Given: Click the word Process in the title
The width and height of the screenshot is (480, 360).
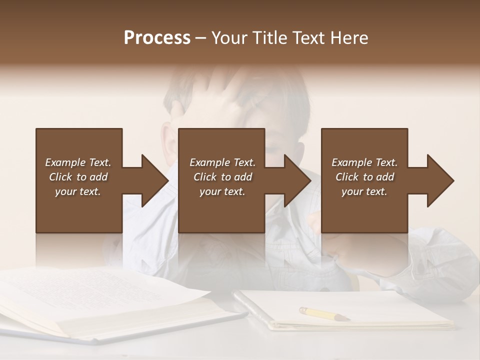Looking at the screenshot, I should point(157,37).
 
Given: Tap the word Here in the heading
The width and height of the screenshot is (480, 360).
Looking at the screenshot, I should point(349,37).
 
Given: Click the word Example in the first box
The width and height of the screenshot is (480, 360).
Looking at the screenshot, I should point(65,162).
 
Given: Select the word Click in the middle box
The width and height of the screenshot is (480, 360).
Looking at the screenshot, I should point(204,177).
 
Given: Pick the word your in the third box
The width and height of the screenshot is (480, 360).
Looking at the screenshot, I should point(352,191).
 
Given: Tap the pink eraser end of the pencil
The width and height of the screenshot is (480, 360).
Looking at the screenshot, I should point(302,310).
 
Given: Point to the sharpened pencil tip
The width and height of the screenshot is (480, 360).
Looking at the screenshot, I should point(347,318).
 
